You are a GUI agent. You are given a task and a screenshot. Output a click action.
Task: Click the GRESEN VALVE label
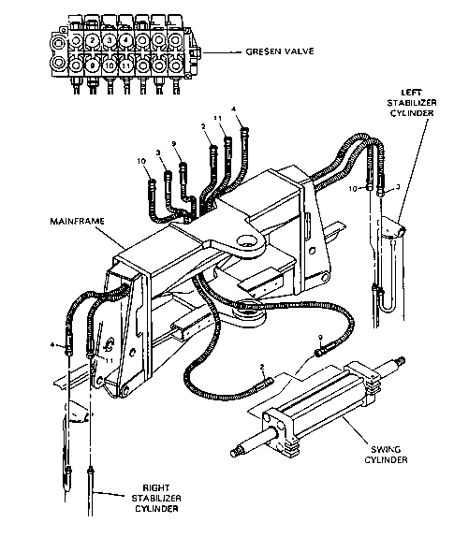point(280,51)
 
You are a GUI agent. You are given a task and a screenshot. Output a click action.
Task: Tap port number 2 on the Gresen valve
point(92,40)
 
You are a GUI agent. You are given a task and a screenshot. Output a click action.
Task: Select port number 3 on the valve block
point(110,40)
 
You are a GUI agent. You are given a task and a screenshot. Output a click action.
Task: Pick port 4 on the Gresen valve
point(126,40)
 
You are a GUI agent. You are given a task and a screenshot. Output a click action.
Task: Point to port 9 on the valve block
point(92,65)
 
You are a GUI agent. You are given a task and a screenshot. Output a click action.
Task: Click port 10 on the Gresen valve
point(110,65)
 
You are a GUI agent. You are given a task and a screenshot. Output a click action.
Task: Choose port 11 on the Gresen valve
point(126,65)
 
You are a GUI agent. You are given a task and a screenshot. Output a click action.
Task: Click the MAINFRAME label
point(77,221)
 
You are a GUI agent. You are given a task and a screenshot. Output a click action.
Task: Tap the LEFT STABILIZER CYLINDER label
point(412,103)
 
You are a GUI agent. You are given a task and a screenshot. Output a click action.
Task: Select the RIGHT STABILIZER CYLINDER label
point(156,498)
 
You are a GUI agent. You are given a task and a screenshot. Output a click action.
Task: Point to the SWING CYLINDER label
point(386,454)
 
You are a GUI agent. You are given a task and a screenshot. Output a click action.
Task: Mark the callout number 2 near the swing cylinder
point(262,368)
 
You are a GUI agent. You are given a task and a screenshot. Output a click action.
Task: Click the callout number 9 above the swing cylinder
point(320,338)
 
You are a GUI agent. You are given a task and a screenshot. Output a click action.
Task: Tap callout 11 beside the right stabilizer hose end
point(109,360)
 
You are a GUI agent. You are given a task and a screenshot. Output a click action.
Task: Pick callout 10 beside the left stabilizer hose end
point(353,189)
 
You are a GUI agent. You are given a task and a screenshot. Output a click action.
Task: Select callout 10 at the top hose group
point(142,161)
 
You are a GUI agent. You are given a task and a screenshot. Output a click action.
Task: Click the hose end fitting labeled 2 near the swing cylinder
point(265,383)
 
